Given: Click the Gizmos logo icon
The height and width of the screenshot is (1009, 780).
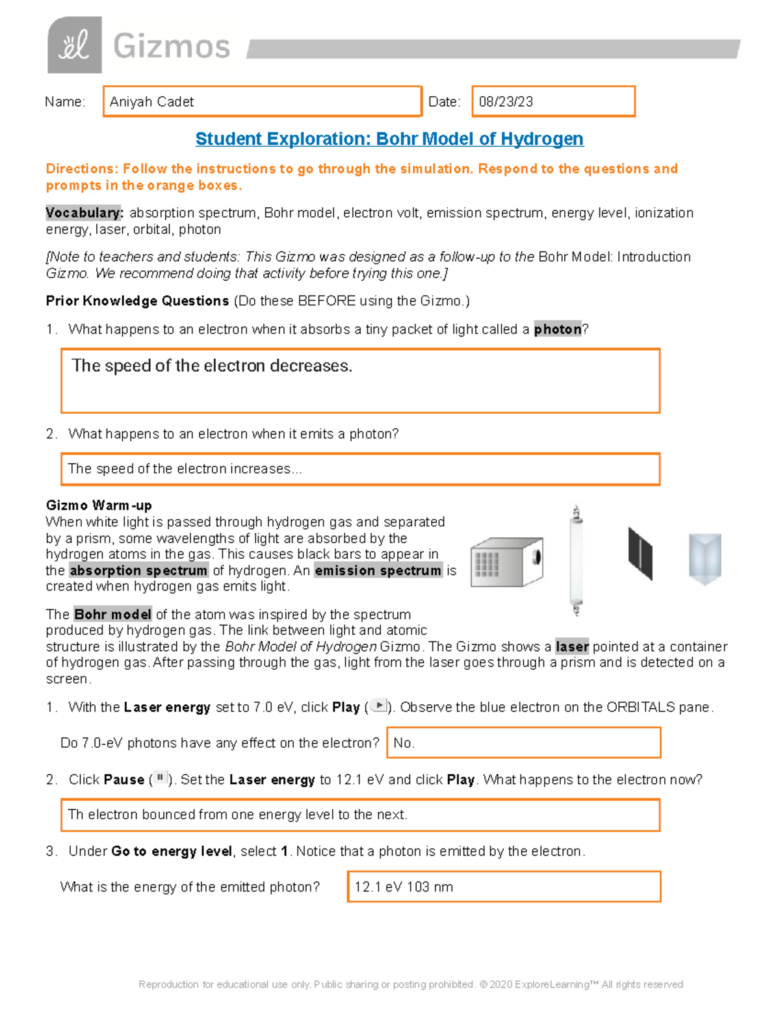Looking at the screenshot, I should (75, 45).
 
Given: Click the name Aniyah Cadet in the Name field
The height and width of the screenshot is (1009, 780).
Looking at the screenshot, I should (151, 102).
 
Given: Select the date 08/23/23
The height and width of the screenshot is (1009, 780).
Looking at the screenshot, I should (506, 102).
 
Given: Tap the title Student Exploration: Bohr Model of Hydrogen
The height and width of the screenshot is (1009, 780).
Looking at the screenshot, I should (389, 139).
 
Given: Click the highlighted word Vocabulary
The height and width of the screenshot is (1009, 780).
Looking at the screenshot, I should (84, 213).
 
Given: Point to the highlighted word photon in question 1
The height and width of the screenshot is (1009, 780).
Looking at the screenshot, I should (557, 329).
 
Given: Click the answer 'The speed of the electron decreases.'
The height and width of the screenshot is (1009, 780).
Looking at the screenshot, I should (212, 366).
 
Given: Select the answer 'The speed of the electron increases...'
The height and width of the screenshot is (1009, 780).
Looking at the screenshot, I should (185, 469).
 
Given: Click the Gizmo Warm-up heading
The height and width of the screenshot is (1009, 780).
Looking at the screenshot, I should (99, 505).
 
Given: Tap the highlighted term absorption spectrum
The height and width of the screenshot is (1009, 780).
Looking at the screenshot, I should (138, 570).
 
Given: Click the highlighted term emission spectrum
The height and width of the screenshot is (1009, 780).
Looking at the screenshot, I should (378, 570).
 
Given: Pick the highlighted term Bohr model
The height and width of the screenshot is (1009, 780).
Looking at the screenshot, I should (112, 615).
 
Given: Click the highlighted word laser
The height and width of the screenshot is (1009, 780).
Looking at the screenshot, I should (572, 647).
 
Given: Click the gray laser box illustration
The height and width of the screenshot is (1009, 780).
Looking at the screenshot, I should (506, 563).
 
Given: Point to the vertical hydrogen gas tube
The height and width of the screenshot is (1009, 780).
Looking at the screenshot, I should (576, 561).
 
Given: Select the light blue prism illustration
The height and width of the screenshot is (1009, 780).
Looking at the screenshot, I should (705, 558).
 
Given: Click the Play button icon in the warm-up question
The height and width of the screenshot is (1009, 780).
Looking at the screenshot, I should (378, 706).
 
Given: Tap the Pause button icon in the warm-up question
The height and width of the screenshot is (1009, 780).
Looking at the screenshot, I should (160, 778).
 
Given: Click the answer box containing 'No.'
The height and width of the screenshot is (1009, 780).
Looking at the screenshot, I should (523, 743).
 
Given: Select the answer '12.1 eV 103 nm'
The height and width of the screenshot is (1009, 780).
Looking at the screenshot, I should (404, 888).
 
